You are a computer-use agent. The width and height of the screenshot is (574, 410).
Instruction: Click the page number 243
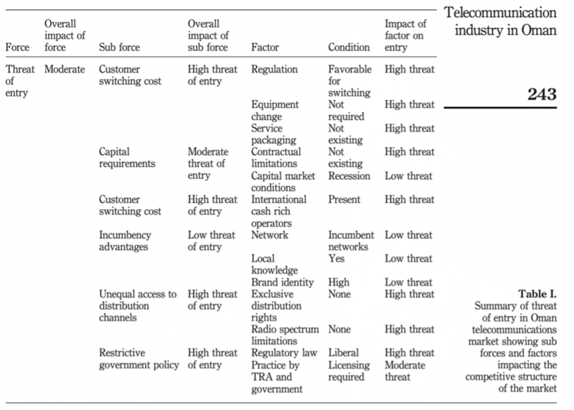pos(542,95)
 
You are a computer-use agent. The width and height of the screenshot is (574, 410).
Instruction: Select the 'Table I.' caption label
pos(537,294)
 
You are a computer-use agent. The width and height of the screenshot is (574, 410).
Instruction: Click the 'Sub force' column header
pos(119,47)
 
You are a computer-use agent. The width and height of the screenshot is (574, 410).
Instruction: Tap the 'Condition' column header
pos(349,47)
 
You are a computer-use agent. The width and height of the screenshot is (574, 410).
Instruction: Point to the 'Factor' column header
pos(265,47)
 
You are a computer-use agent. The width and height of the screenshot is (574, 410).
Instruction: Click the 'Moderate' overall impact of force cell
pos(65,69)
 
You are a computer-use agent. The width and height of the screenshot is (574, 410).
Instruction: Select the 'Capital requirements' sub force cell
pos(127,157)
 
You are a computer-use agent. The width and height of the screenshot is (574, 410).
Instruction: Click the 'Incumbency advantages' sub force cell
pos(125,241)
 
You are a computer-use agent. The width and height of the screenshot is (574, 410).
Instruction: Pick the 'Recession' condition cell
pos(349,176)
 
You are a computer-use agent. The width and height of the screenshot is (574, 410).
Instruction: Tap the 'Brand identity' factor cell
pos(282,282)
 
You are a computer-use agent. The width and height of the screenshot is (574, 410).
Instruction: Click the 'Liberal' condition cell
pos(344,353)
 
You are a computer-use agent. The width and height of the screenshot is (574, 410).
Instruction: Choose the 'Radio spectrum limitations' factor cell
pos(285,335)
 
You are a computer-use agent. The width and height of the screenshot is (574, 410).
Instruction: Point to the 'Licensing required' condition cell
pos(349,371)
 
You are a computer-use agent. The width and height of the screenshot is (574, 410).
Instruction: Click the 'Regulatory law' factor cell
pos(284,353)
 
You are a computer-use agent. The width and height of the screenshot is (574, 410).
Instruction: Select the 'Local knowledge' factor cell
pos(275,264)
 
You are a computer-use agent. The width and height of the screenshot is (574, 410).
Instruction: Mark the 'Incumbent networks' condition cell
pos(351,241)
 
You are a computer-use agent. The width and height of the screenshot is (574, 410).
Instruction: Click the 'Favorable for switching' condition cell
pos(349,81)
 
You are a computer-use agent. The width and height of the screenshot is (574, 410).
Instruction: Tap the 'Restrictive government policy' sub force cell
pos(139,359)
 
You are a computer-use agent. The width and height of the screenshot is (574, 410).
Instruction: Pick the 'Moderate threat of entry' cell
pos(208,164)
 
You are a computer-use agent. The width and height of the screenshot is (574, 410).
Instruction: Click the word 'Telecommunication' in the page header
pos(500,12)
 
